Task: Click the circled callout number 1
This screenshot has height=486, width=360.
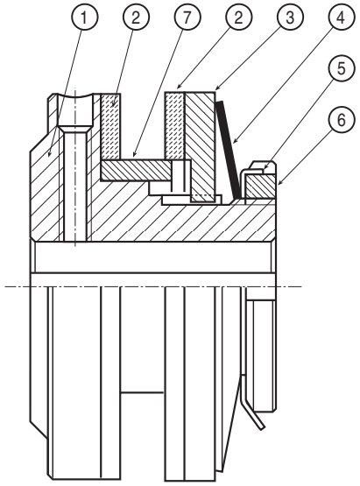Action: [84, 17]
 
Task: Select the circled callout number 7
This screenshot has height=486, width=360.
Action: [187, 17]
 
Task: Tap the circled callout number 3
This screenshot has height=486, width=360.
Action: [290, 17]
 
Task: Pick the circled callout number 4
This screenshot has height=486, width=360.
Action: [340, 17]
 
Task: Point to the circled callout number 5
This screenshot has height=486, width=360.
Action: [341, 68]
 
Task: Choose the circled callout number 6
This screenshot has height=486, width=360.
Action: [341, 120]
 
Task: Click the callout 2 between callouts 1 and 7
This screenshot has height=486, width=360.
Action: [136, 17]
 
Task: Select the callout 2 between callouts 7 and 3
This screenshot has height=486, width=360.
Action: [238, 17]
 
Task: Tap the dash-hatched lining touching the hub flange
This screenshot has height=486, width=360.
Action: [111, 126]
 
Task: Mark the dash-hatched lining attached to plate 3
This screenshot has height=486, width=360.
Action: [175, 126]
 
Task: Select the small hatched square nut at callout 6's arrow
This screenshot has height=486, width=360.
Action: [260, 186]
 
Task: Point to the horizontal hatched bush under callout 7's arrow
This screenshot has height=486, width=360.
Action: [137, 170]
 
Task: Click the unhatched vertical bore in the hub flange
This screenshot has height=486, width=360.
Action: [75, 183]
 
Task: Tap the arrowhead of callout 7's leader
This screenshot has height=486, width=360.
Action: [134, 154]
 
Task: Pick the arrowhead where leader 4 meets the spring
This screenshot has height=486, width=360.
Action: [235, 141]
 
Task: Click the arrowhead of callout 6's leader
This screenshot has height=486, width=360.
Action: [279, 184]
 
